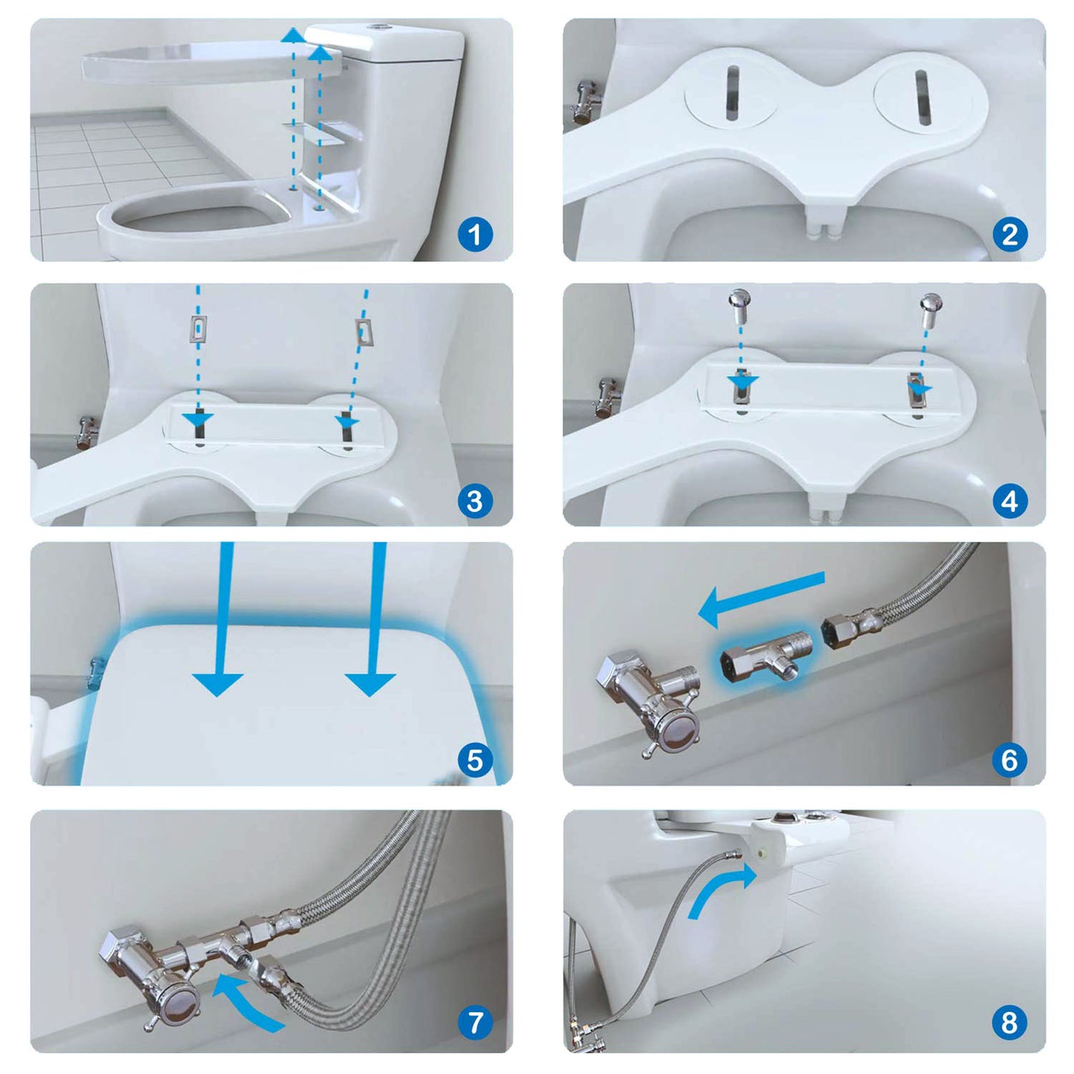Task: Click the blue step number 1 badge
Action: click(475, 236)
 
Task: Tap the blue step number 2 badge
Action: click(1009, 236)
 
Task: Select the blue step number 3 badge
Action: click(475, 501)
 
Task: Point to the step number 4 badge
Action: click(1009, 501)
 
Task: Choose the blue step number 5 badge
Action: click(475, 760)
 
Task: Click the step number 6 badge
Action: click(1009, 760)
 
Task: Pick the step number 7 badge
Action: click(475, 1023)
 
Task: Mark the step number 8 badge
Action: click(1009, 1023)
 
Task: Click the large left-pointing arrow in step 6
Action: click(762, 594)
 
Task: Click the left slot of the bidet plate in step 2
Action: click(733, 92)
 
